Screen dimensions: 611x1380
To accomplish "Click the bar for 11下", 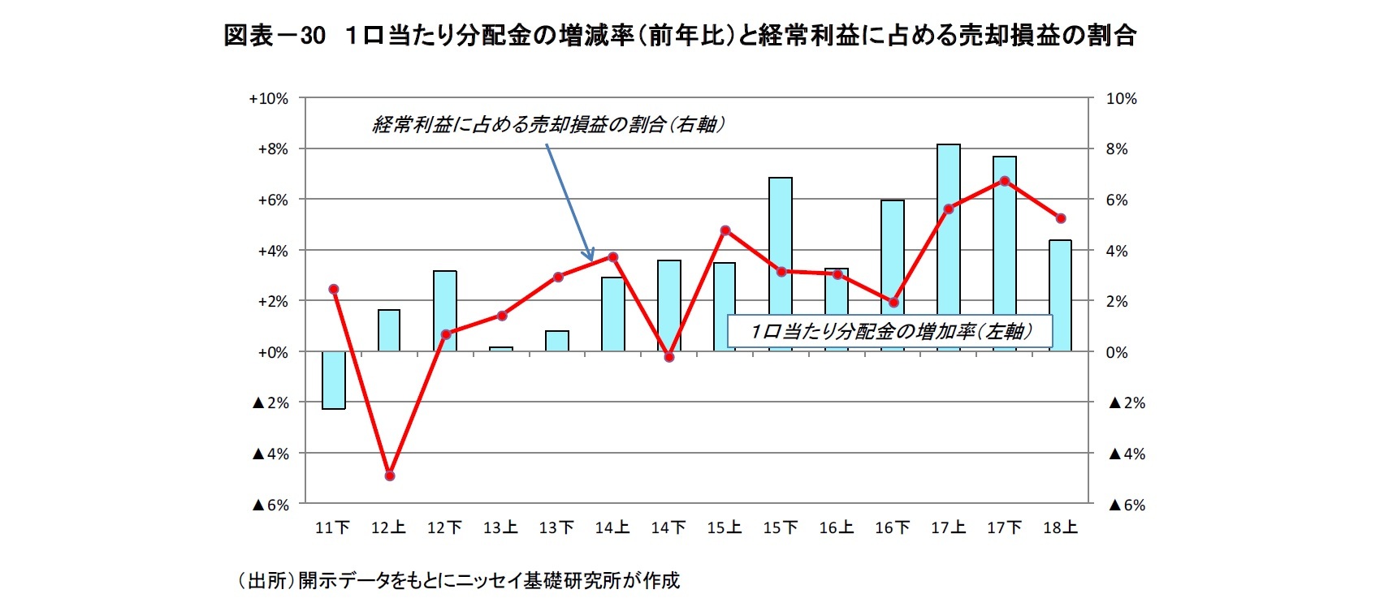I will click(333, 380).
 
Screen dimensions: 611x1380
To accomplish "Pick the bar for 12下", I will click(445, 311).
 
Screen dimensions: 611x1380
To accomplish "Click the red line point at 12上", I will click(389, 475).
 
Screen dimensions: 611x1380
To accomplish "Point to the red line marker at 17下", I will click(1005, 181).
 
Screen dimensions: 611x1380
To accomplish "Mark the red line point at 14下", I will click(669, 357).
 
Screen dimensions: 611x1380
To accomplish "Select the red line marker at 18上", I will click(1061, 218).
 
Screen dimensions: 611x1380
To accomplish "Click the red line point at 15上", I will click(725, 230).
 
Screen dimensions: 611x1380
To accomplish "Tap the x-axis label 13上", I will click(500, 528).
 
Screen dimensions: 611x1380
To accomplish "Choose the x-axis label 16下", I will click(892, 528).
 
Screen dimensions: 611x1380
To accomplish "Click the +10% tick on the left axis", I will click(268, 99).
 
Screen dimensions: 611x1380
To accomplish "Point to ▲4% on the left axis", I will click(270, 454).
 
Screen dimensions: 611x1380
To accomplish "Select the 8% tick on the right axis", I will click(1117, 149).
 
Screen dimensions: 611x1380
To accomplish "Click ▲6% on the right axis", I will click(1127, 505).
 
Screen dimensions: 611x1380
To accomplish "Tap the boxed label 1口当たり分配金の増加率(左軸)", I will click(890, 331).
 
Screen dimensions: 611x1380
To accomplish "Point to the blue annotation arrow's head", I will click(592, 258).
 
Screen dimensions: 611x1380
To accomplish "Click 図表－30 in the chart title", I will click(274, 36).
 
